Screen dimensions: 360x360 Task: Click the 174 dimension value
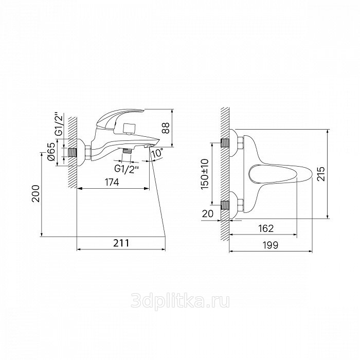click(x=112, y=182)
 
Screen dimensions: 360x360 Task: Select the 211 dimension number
click(x=121, y=243)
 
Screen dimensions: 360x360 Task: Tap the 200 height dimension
click(x=35, y=193)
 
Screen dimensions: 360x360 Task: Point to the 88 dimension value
click(x=165, y=128)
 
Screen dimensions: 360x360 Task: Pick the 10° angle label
click(x=158, y=153)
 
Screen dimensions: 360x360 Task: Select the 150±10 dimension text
click(x=205, y=174)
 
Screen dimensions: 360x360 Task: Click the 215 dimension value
click(x=321, y=174)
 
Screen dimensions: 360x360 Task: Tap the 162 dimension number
click(x=266, y=228)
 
